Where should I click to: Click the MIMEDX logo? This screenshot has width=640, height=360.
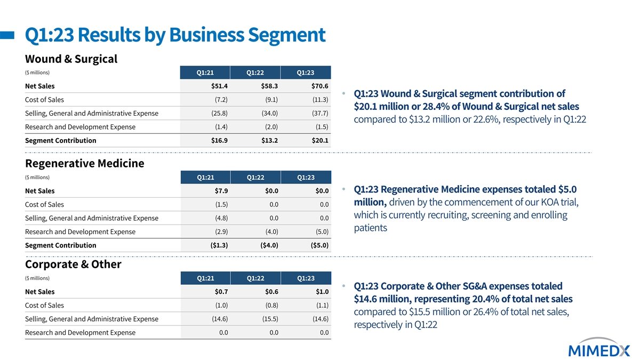(599, 348)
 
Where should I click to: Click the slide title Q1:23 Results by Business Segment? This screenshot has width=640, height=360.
(175, 35)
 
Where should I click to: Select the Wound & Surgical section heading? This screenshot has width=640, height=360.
(71, 59)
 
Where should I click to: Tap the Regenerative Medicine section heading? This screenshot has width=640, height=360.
(85, 163)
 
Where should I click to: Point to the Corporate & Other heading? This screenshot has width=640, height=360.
(73, 265)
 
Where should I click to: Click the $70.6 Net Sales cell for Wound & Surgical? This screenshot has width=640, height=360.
(319, 86)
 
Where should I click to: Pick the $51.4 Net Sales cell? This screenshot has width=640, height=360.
(219, 86)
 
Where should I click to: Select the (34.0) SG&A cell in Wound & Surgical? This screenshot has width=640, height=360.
(270, 113)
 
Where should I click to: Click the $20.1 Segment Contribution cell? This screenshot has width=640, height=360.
(319, 140)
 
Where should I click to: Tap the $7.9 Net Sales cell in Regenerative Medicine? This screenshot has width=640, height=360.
(221, 191)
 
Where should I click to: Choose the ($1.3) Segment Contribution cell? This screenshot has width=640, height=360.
(219, 245)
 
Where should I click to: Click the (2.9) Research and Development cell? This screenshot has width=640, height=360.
(221, 231)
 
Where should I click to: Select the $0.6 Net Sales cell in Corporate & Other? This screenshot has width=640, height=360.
(271, 292)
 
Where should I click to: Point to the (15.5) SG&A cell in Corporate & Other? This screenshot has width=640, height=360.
(270, 319)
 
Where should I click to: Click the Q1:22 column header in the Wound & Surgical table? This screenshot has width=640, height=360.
(255, 73)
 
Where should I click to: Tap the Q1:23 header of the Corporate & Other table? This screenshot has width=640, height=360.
(306, 278)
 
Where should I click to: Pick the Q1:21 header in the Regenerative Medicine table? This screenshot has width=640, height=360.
(205, 178)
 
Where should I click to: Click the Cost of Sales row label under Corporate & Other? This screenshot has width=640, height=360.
(44, 306)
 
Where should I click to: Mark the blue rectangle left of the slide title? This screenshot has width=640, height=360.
(7, 35)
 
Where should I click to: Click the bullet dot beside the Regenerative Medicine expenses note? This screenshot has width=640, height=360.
(343, 189)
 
